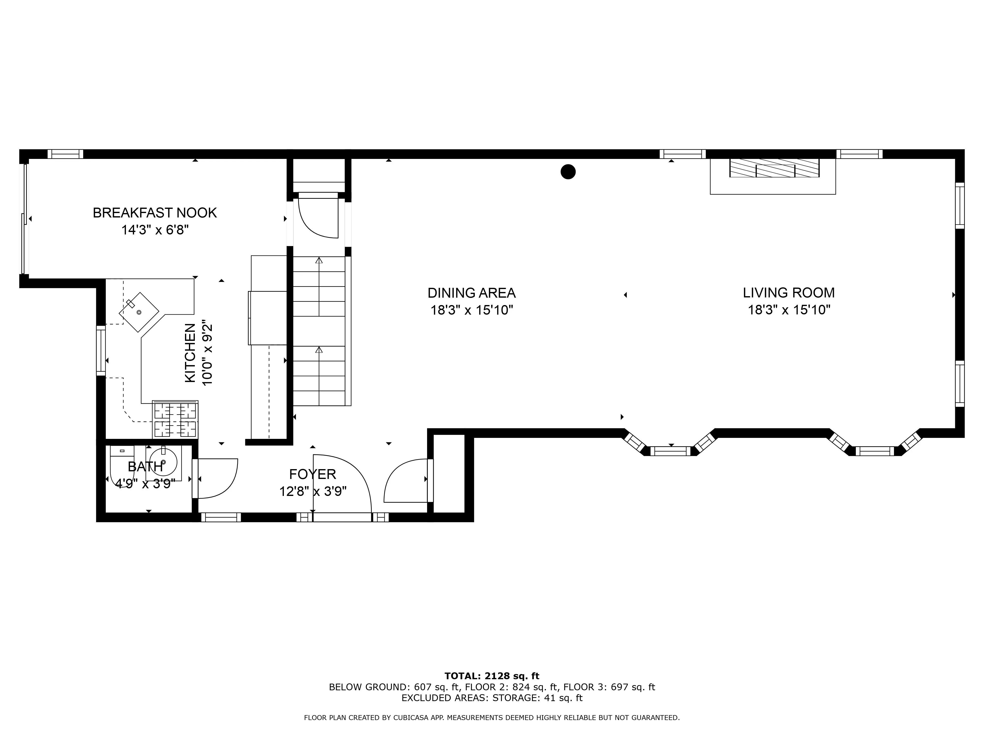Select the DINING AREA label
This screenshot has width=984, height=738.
(x=472, y=293)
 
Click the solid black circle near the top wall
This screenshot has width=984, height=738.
(x=568, y=172)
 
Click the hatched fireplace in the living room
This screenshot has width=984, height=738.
(x=774, y=168)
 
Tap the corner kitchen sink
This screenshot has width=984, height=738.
(x=139, y=312)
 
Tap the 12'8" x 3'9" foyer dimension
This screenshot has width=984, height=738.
(x=313, y=492)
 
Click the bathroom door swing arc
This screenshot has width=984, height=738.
(x=220, y=478)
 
